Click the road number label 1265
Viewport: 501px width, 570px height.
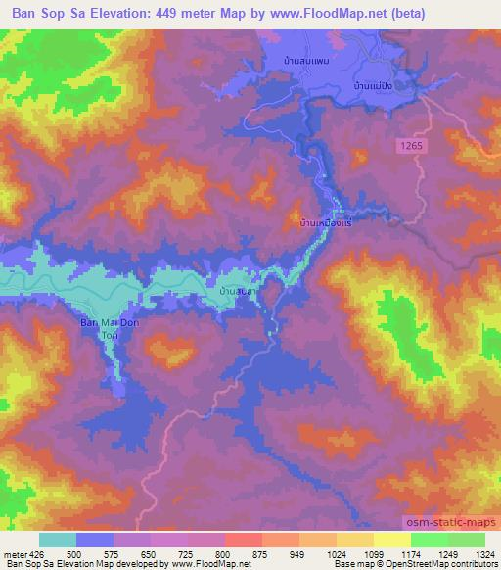click(413, 144)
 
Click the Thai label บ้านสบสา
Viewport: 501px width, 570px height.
click(239, 292)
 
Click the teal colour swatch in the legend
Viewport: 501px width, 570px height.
click(58, 540)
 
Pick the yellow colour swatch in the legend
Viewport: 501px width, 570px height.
click(391, 540)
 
